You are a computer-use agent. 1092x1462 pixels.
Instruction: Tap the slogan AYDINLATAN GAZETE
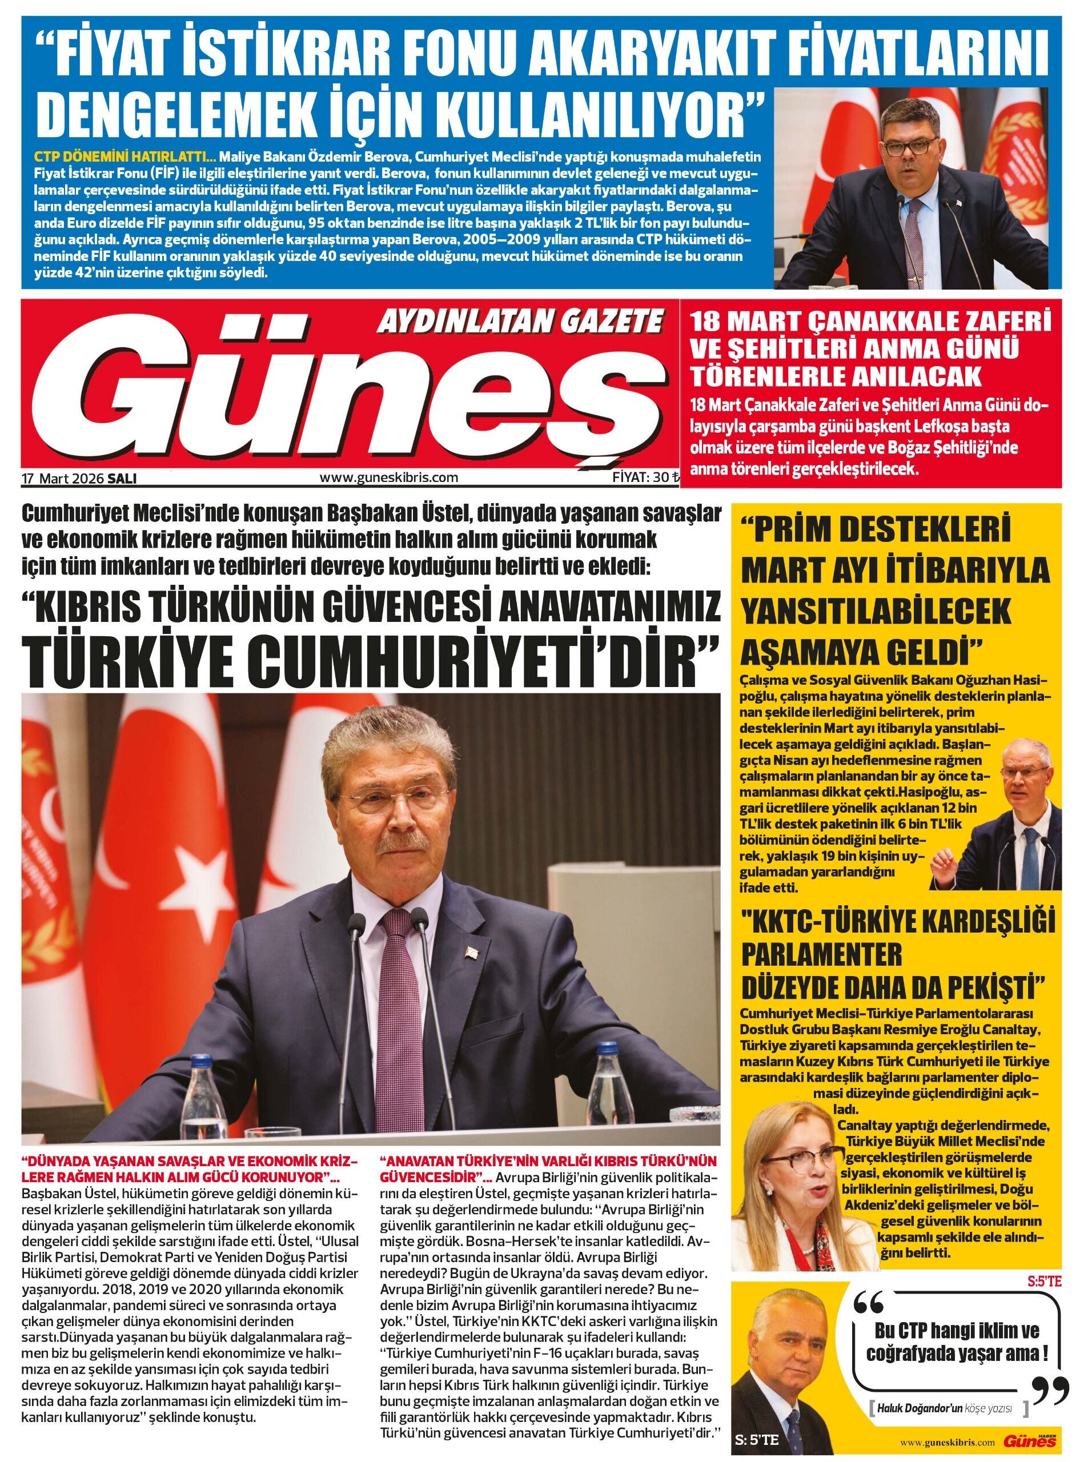(x=519, y=323)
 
